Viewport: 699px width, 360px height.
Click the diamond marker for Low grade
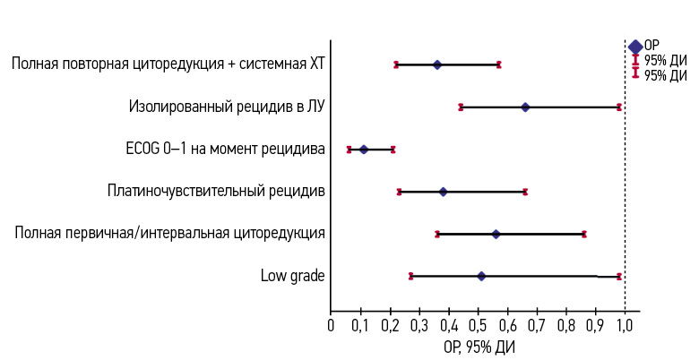(x=481, y=276)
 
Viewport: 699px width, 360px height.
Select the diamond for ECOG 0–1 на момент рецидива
(x=364, y=149)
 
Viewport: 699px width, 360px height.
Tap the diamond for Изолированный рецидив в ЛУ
(x=525, y=107)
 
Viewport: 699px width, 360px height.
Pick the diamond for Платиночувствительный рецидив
(x=443, y=192)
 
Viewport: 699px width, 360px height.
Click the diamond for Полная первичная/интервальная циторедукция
(x=496, y=234)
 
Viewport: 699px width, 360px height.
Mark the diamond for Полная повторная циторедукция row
(x=437, y=64)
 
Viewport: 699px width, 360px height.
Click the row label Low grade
(x=292, y=275)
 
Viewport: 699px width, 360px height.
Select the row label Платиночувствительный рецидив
(x=216, y=191)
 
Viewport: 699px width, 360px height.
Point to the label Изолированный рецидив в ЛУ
(x=227, y=107)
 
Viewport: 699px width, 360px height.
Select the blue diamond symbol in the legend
(x=635, y=47)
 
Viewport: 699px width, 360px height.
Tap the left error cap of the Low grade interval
(x=410, y=276)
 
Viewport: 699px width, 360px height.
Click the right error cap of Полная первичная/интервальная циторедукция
(x=584, y=234)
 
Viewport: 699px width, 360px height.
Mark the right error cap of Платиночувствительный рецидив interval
(x=525, y=192)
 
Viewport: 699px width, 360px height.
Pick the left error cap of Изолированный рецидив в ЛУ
(x=461, y=107)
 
